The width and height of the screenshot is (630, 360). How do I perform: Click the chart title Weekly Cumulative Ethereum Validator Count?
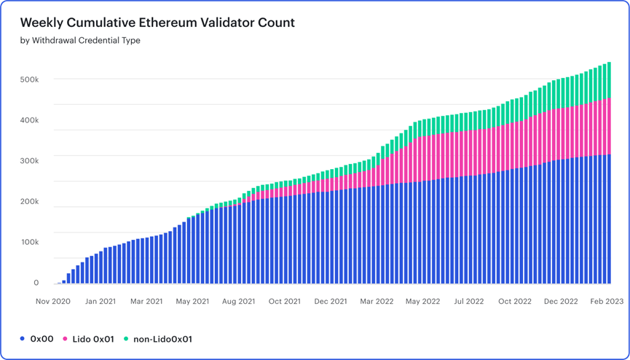click(157, 23)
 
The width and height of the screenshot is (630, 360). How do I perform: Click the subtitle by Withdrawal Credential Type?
click(80, 41)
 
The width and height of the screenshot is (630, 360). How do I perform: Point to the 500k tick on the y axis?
click(29, 79)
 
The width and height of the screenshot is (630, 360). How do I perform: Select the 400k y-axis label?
click(29, 120)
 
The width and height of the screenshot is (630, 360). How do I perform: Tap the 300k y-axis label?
click(29, 160)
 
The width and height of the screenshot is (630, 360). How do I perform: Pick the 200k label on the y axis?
click(29, 201)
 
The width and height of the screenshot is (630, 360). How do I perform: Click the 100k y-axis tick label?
click(29, 242)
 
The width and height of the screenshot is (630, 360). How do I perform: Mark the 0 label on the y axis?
click(36, 283)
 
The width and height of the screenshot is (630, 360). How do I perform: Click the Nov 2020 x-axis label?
click(53, 301)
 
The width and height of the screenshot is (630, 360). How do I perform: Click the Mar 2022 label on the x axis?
click(377, 301)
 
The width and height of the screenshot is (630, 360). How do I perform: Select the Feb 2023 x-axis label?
click(606, 301)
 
